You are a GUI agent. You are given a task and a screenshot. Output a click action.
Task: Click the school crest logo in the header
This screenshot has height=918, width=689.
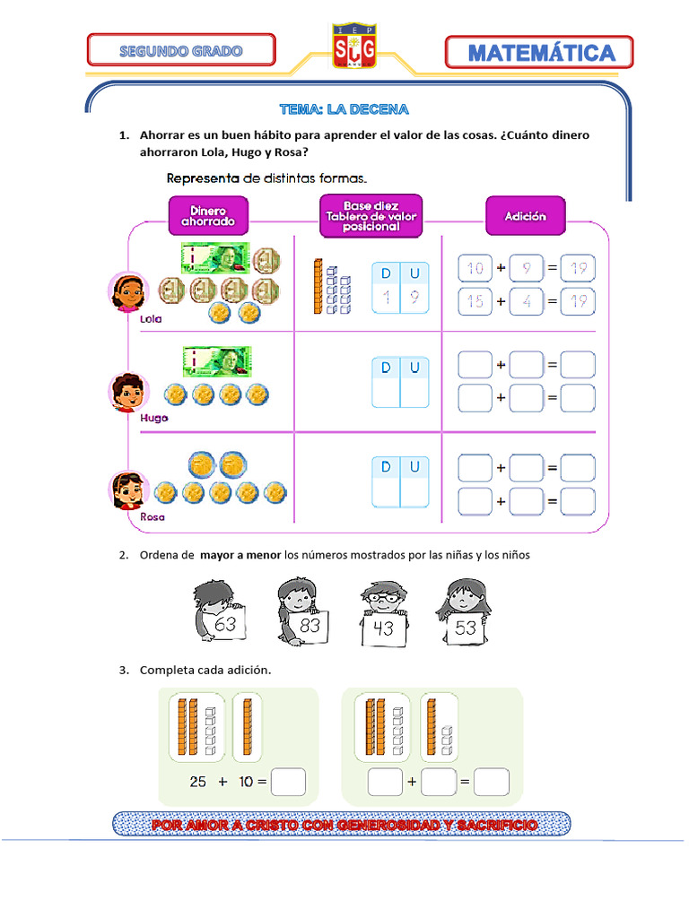coord(354,45)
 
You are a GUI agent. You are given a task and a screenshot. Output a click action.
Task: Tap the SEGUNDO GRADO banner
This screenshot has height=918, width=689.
coord(181,50)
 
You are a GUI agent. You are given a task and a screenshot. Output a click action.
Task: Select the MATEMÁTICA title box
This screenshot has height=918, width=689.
coord(539,53)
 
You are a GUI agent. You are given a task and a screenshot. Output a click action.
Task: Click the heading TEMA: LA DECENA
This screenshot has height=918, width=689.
coord(344,109)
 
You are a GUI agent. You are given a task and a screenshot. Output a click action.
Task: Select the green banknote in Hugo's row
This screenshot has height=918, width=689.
coord(217,361)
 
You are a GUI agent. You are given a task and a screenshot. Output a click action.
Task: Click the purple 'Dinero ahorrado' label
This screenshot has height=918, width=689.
coord(208,215)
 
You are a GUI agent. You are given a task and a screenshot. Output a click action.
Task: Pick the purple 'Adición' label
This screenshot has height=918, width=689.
coord(525,216)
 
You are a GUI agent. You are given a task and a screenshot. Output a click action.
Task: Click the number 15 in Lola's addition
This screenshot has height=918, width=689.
coord(475,301)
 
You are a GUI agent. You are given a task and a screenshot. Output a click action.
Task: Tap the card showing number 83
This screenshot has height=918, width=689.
coord(310,625)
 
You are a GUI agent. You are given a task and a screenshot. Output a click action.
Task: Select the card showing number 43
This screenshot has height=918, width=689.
coord(383,628)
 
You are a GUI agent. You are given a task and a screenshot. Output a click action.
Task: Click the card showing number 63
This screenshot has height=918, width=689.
coord(225,623)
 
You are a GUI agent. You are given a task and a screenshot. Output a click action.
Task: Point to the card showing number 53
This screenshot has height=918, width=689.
coord(466,627)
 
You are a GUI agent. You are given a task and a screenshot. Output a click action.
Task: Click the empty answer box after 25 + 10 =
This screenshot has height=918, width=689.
coord(288,782)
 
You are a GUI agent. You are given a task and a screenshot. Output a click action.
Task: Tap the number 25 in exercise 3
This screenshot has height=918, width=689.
coord(198,782)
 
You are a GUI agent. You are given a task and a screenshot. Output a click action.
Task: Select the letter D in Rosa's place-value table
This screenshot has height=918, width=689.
coord(386,467)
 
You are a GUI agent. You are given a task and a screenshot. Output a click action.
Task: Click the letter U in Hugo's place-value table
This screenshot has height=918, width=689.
coord(414,368)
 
